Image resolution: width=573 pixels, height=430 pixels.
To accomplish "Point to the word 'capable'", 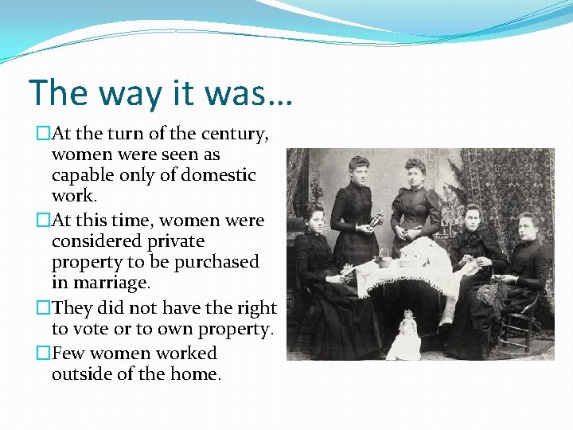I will (x=83, y=175).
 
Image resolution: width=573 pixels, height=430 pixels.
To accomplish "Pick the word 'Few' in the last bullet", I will (x=68, y=353).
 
